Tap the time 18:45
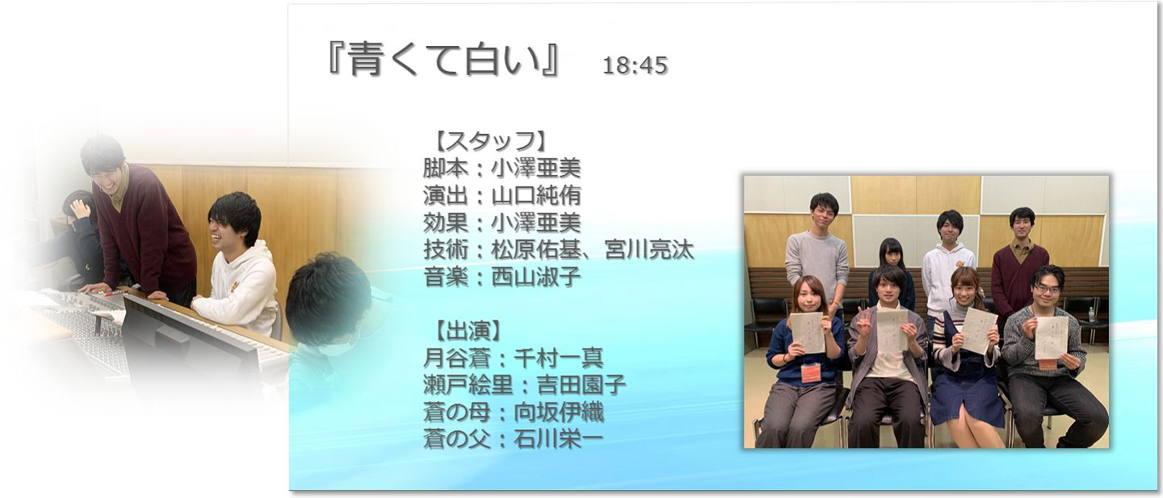tap(635, 66)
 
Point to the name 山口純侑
tap(535, 195)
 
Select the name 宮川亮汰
tap(649, 250)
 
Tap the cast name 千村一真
tap(559, 358)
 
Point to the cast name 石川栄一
tap(559, 440)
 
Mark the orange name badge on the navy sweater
tap(810, 372)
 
